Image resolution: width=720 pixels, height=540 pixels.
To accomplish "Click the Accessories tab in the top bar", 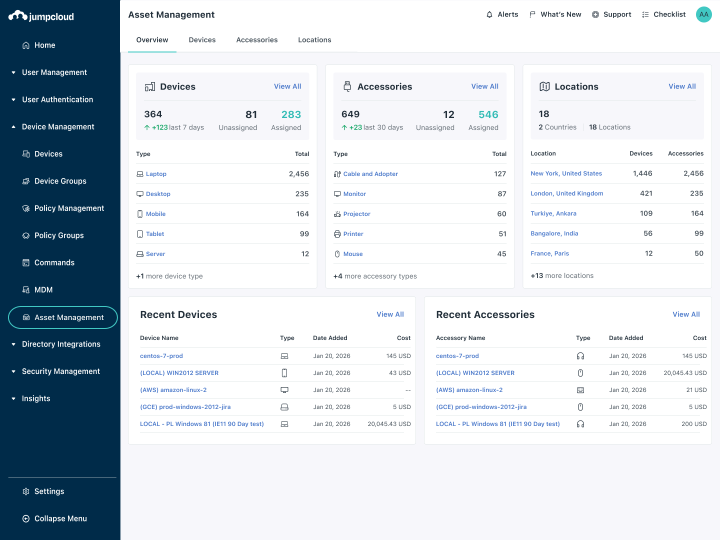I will point(256,40).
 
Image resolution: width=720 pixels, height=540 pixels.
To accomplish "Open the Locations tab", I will point(314,40).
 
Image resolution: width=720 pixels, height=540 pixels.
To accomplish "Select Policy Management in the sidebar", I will point(69,208).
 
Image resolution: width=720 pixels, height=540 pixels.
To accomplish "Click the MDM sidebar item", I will point(43,290).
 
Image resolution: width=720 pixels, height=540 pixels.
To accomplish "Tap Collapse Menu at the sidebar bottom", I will point(60,518).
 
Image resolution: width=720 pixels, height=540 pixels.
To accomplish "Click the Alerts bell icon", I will point(489,14).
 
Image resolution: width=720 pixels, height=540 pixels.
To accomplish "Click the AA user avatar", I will point(703,14).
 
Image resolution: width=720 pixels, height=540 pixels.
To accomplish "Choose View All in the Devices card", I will point(287,86).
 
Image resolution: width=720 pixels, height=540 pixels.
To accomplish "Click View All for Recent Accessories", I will point(686,314).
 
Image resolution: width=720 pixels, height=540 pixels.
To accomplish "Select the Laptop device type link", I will point(156,174).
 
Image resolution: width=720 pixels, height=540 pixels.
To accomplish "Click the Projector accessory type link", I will point(356,214).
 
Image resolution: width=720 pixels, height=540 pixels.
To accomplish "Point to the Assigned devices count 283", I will point(291,114).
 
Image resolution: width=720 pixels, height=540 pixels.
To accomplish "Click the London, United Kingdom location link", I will point(566,193).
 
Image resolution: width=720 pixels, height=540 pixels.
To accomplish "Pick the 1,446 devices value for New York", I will point(642,173).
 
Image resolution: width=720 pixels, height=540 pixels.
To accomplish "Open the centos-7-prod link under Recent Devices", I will point(161,356).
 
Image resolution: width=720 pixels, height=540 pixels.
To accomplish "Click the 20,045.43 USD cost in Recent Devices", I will point(389,424).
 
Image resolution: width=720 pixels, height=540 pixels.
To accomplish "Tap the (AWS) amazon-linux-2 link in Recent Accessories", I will point(469,390).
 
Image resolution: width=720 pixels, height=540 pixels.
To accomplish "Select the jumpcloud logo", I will point(41,16).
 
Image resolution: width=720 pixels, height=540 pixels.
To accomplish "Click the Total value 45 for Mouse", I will point(501,254).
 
